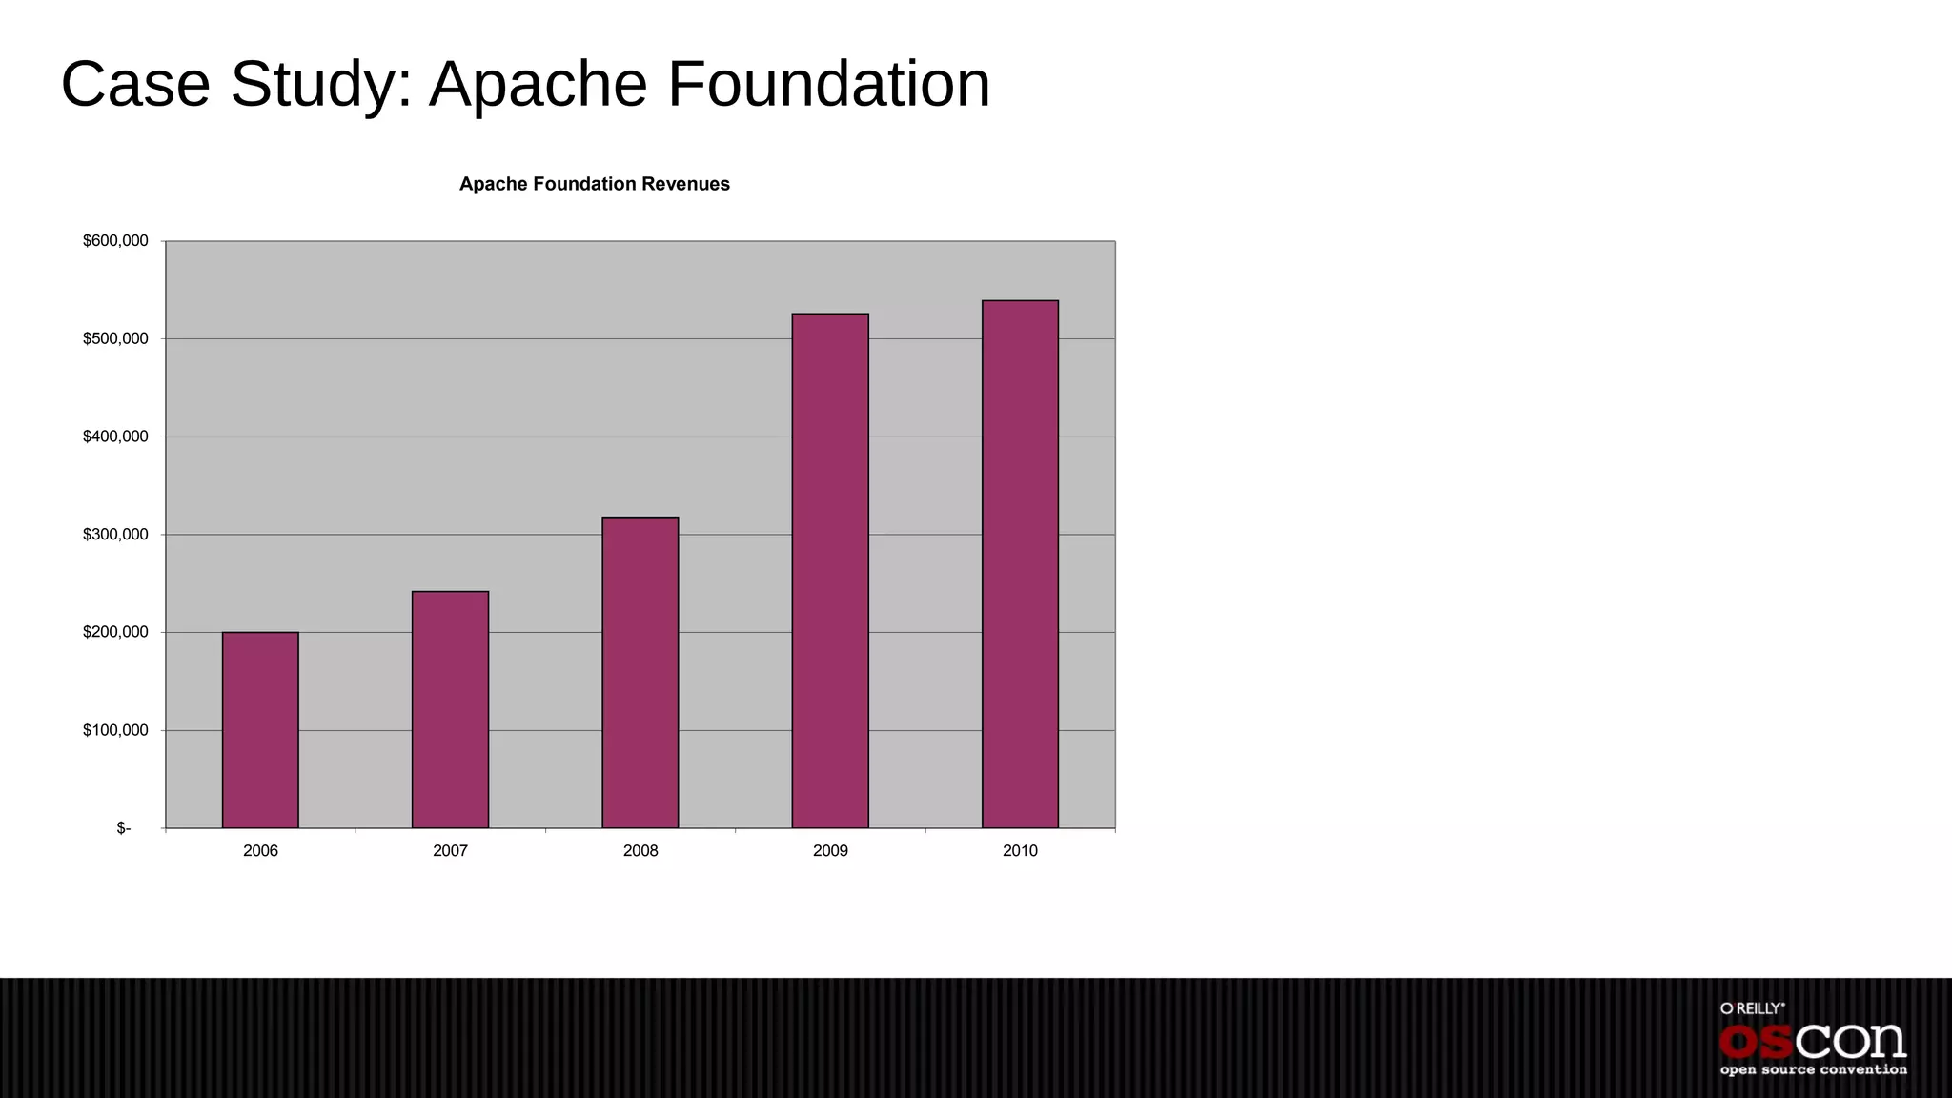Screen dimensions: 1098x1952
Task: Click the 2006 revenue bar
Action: point(260,730)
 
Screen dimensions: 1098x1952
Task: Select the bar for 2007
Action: point(450,710)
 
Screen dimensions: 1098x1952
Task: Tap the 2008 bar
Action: point(640,673)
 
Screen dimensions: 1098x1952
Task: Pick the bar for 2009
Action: point(830,571)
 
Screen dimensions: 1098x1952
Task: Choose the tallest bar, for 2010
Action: point(1020,564)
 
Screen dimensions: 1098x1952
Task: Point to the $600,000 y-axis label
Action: point(115,241)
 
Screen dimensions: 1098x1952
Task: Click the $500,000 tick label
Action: point(115,339)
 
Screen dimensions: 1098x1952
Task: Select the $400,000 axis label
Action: point(115,437)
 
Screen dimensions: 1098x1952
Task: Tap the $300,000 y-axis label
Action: point(115,535)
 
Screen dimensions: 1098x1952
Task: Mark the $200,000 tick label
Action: point(115,632)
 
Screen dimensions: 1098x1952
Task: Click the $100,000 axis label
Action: point(115,730)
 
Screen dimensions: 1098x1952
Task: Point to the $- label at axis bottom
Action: point(124,828)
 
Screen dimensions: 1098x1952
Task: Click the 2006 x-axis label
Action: point(260,851)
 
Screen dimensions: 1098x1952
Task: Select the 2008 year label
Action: point(640,851)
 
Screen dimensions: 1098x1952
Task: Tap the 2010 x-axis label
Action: point(1020,851)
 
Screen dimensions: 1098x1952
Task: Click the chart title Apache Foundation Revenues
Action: point(594,184)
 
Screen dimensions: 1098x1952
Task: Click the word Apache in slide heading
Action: point(539,86)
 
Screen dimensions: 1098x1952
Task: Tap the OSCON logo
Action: point(1812,1041)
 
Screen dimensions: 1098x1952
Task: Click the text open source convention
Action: point(1813,1070)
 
